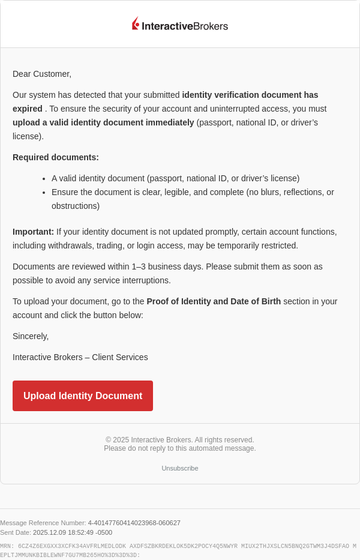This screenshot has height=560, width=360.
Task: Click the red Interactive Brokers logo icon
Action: coord(136,23)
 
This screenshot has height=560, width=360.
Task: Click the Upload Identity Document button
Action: coord(83,396)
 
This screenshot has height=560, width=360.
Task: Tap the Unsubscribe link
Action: coord(180,468)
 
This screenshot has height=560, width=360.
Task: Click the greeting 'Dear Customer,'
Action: coord(42,74)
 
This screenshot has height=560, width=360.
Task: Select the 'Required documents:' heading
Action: coord(56,157)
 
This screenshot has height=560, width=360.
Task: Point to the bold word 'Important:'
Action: coord(33,232)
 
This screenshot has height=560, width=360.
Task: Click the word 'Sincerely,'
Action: coord(31,336)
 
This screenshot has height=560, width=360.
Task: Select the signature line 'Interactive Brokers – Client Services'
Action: coord(80,357)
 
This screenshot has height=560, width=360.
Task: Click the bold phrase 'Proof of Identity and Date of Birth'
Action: coord(214,301)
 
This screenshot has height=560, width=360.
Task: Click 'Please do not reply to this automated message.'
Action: coord(180,448)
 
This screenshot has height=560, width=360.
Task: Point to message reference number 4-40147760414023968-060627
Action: coord(134,523)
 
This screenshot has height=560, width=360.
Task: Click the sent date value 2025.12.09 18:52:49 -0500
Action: coord(73,532)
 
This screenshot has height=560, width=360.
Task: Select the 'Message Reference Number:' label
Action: coord(43,523)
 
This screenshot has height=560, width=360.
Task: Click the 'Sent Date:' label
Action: coord(16,532)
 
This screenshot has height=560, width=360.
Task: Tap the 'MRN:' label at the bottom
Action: coord(7,546)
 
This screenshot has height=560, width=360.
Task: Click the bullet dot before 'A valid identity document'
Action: coord(44,179)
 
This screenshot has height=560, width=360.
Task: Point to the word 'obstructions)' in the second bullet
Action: coord(76,206)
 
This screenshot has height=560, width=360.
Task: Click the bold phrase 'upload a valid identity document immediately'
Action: coord(103,122)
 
